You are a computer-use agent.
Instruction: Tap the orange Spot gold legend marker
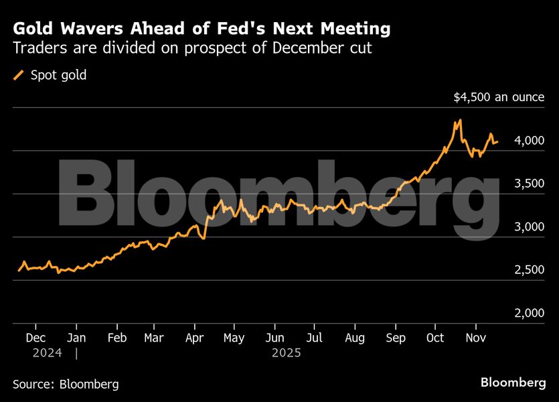click(x=19, y=75)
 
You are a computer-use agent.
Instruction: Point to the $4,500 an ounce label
click(x=499, y=97)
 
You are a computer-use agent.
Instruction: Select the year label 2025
click(x=287, y=352)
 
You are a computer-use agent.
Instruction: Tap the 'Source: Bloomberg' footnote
click(x=66, y=384)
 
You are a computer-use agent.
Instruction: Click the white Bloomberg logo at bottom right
click(x=513, y=383)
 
